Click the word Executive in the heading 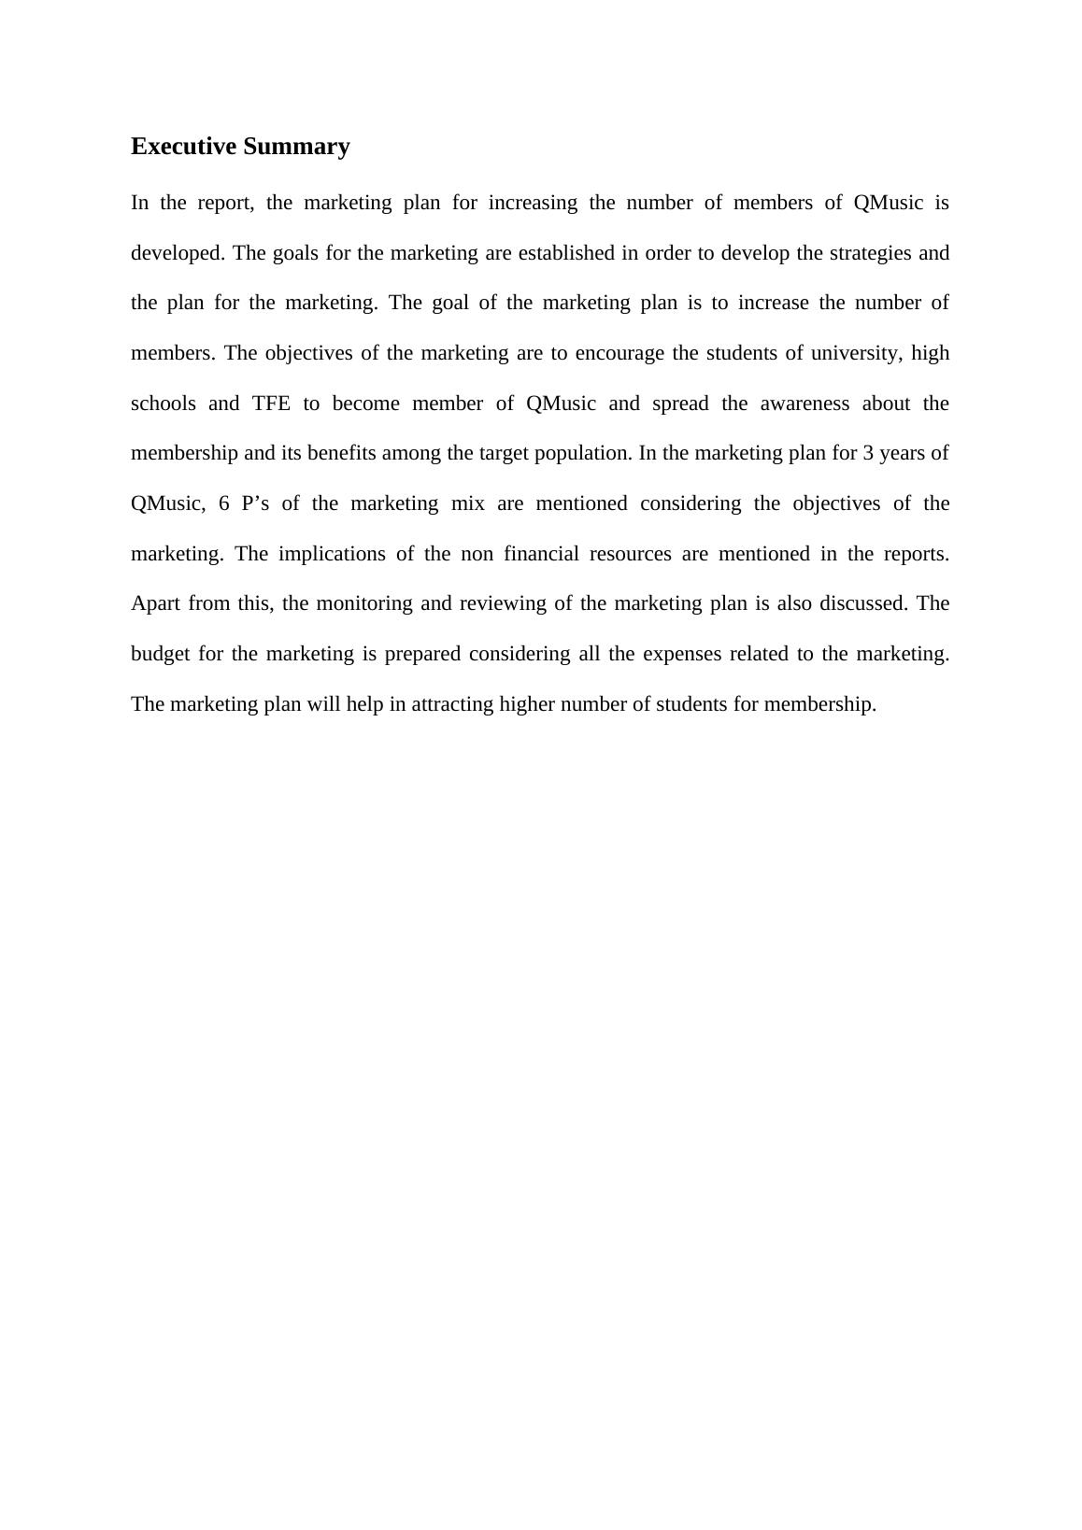(183, 147)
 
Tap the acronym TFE (271, 404)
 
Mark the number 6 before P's (223, 503)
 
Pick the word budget (160, 654)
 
